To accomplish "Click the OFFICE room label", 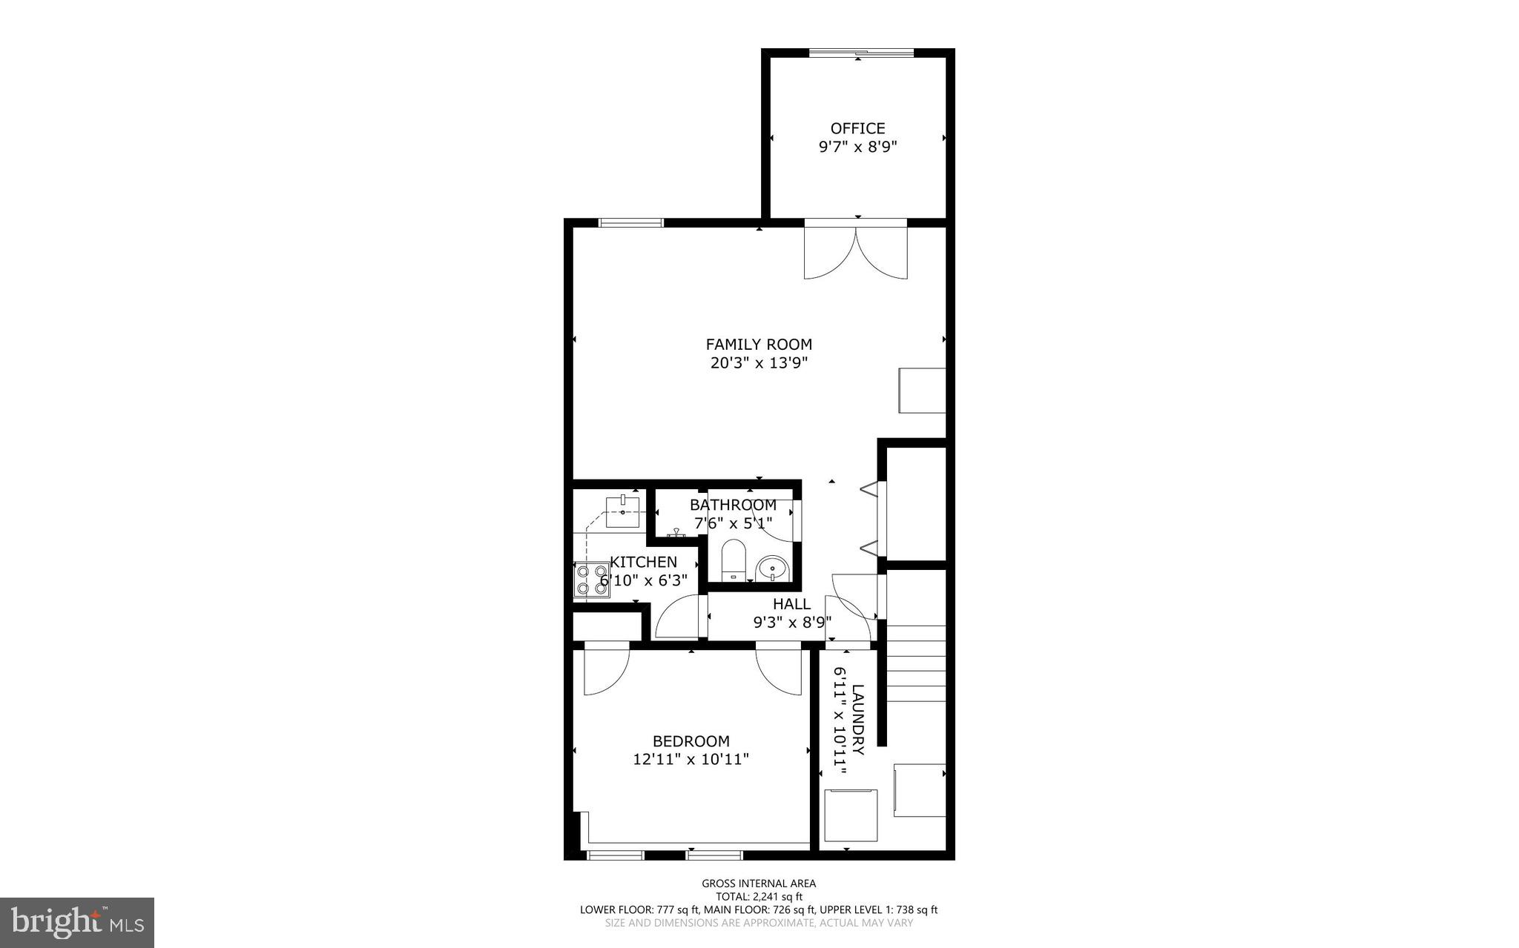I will [857, 128].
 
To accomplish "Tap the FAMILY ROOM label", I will [759, 344].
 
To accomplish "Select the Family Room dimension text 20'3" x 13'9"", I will [758, 363].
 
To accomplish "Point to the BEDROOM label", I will [691, 740].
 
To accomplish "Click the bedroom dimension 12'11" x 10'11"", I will [691, 760].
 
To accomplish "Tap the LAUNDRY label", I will [858, 719].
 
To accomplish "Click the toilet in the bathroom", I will [733, 560].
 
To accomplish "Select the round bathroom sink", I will [772, 569].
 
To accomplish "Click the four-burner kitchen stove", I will [591, 580].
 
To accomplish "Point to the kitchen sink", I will [623, 511].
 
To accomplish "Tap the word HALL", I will [791, 604].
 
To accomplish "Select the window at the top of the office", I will [860, 53].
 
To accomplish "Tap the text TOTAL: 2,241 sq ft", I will [759, 896].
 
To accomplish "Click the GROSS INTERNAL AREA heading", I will [759, 883].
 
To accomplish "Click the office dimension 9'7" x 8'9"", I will [857, 147].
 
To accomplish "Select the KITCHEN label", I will [643, 562].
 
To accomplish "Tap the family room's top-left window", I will [630, 222].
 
